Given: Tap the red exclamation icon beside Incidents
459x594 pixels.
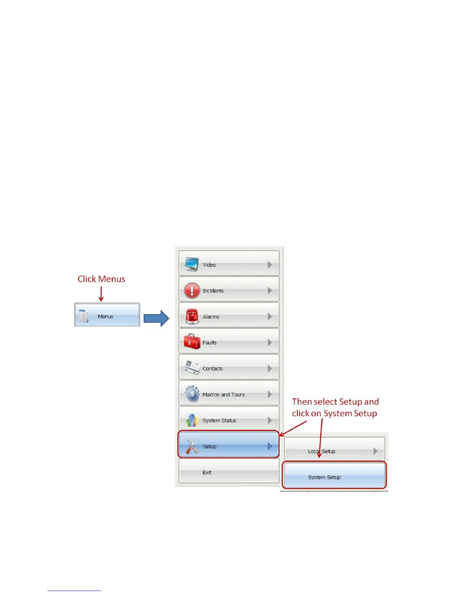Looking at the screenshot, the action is (x=192, y=290).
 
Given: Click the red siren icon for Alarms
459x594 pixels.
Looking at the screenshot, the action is (x=192, y=316).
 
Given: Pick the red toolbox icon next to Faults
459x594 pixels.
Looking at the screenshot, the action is (x=192, y=342).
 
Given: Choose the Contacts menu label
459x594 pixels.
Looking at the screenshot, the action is (x=213, y=369).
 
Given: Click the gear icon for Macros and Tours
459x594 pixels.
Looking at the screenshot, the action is (x=192, y=394).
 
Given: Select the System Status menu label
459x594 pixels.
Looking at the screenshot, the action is (x=219, y=420).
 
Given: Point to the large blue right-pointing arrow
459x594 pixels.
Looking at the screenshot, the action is (x=156, y=318).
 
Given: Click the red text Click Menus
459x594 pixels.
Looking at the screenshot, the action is (x=101, y=279).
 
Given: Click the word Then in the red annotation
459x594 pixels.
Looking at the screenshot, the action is (x=302, y=402).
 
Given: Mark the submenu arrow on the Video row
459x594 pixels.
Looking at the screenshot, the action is (x=270, y=265).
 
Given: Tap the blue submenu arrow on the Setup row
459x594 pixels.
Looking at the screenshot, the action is (x=270, y=446).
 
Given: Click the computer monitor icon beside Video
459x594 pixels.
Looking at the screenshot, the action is (x=192, y=264).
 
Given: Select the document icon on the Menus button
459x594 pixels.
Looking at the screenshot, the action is (x=84, y=316).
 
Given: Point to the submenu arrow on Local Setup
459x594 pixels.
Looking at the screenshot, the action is (x=375, y=451).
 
